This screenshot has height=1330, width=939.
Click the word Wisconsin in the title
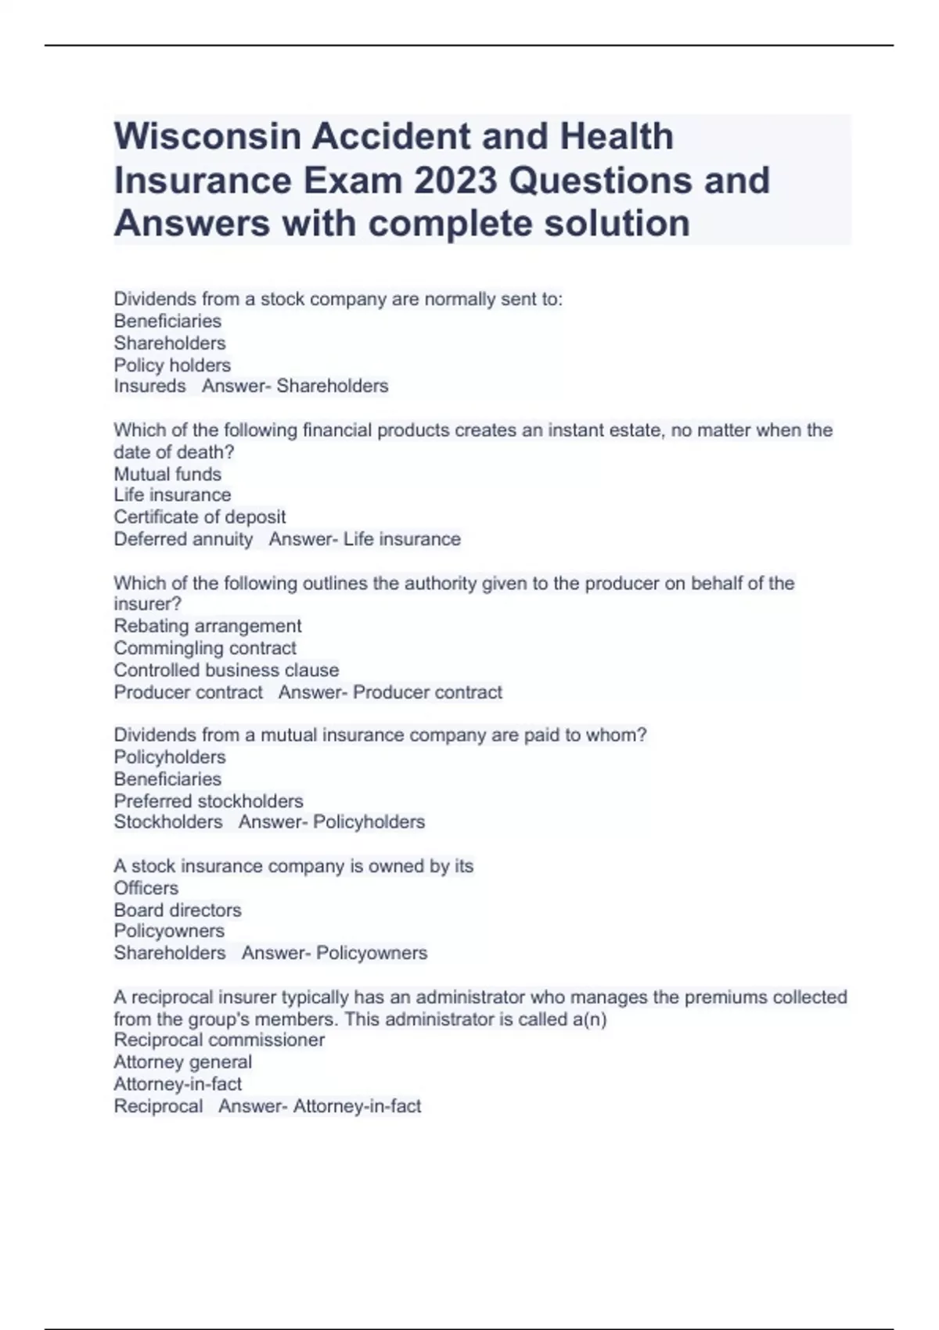[207, 137]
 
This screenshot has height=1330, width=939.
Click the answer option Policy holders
[172, 365]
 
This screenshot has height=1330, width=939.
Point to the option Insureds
[149, 386]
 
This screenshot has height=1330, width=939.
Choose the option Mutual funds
[167, 474]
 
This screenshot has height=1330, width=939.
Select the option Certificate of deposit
[200, 517]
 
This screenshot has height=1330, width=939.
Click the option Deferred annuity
[183, 539]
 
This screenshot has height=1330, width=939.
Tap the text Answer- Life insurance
[365, 539]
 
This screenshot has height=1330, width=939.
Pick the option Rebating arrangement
[207, 626]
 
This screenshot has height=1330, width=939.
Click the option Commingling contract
[205, 648]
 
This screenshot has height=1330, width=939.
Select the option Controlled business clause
[226, 670]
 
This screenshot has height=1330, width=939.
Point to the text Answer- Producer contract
[390, 692]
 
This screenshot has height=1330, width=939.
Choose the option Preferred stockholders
[208, 801]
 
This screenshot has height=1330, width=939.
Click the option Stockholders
[168, 822]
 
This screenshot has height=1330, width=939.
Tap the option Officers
[146, 888]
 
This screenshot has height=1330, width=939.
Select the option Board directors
[178, 910]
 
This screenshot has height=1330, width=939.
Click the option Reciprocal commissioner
[219, 1040]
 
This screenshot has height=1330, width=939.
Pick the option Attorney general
[182, 1062]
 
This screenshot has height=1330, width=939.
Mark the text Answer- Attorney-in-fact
[319, 1106]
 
